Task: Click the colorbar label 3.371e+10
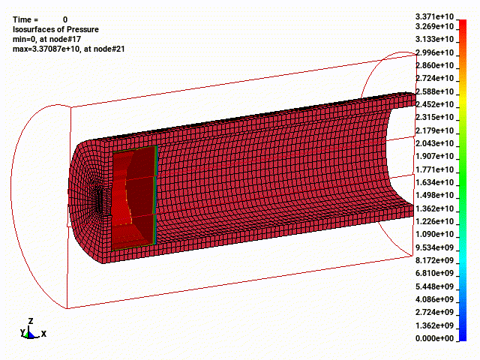tap(434, 16)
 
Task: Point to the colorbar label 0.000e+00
tap(434, 338)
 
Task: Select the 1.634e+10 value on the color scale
tap(434, 182)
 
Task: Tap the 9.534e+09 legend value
tap(434, 247)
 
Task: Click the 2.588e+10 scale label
tap(434, 91)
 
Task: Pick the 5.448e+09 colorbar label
tap(434, 286)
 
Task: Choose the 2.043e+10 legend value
tap(434, 143)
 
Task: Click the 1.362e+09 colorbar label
tap(434, 325)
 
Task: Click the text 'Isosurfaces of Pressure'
tap(55, 29)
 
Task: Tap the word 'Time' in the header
tap(22, 19)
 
